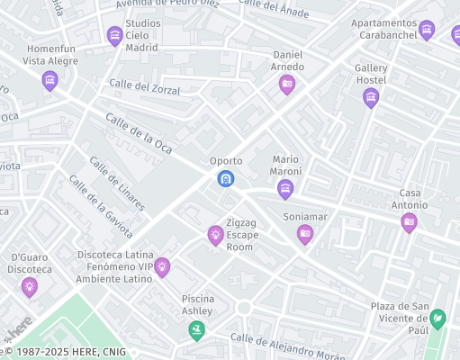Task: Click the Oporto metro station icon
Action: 225,179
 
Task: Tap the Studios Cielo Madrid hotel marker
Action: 114,37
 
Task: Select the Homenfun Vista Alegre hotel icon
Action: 50,81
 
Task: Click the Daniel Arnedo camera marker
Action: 287,85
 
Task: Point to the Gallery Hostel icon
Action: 371,98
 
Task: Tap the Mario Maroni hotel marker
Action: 285,188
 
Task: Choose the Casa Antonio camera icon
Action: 410,222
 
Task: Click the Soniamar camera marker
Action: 305,235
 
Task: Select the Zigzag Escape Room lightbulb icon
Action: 215,236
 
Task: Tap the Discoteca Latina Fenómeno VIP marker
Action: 162,266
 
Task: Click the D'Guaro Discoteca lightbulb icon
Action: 30,287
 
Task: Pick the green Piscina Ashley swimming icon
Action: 196,331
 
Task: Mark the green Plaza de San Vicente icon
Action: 437,319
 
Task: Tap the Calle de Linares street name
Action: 117,184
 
